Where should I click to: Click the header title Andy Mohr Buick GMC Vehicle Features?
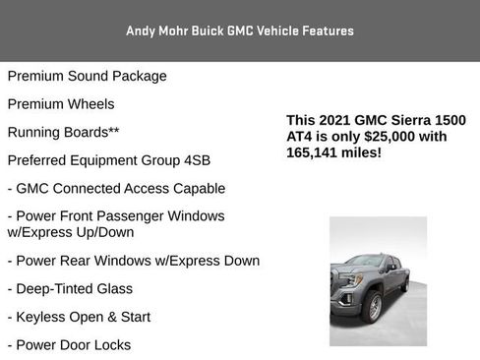click(240, 31)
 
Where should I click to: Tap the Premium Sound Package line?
click(88, 76)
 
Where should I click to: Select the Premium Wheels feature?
click(61, 103)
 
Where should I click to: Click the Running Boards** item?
click(64, 132)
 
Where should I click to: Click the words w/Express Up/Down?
click(70, 232)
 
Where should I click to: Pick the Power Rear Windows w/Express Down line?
click(134, 261)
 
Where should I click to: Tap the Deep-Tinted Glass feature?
click(70, 289)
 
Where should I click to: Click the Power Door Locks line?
click(69, 345)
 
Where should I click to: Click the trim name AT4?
click(301, 137)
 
